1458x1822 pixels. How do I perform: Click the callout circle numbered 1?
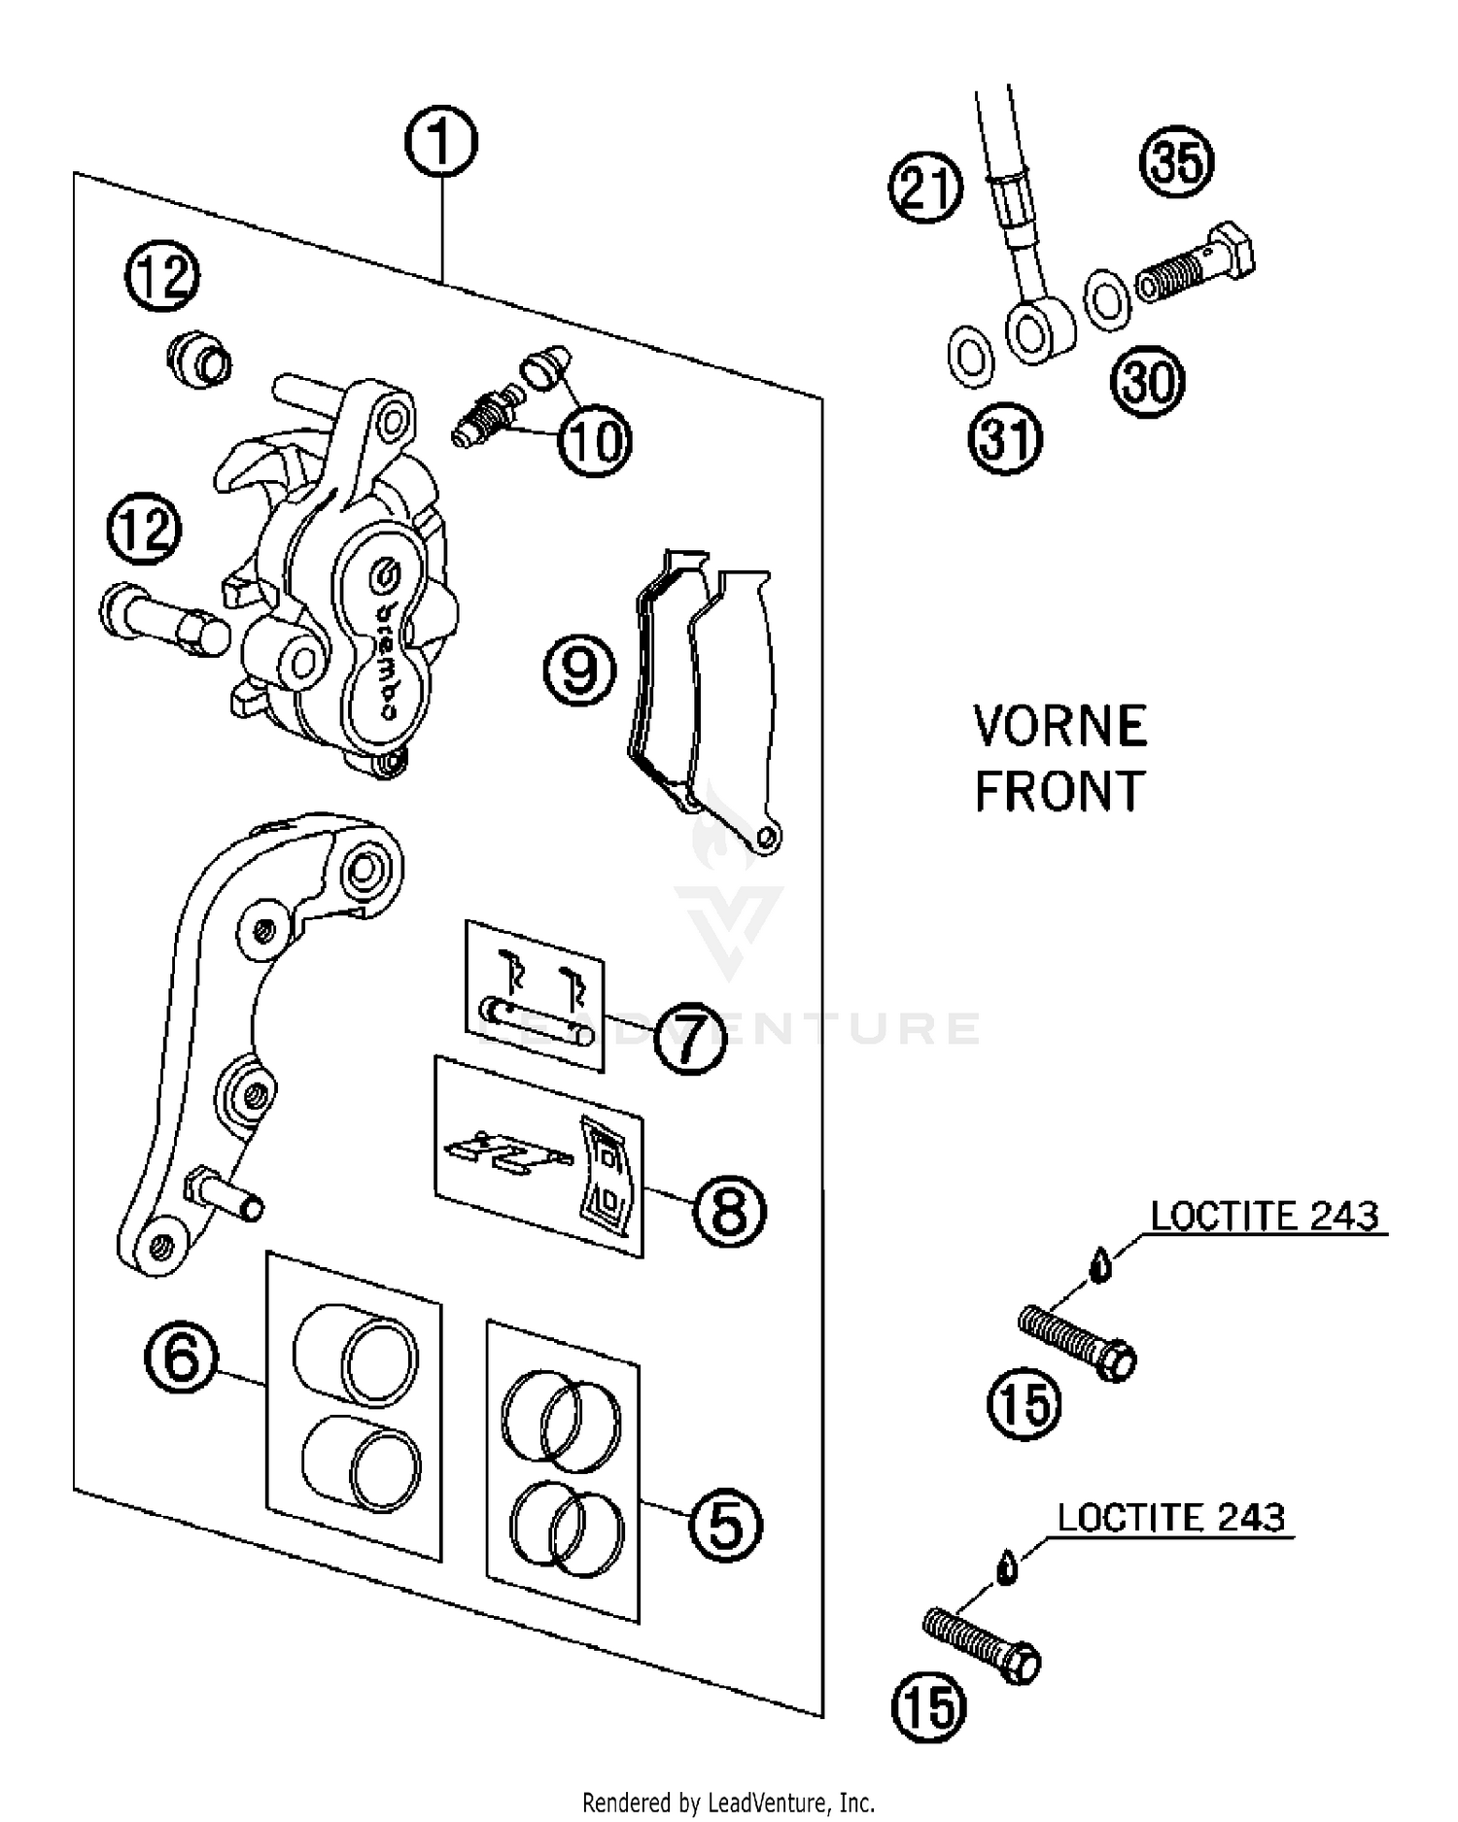pos(441,142)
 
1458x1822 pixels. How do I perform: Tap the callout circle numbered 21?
pos(925,187)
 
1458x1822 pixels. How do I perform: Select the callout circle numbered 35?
pos(1176,161)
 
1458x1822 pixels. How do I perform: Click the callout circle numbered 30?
pos(1148,381)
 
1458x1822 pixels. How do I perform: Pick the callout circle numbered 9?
pos(579,670)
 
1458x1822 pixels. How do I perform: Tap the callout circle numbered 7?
pos(689,1037)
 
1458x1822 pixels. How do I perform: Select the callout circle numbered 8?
pos(729,1210)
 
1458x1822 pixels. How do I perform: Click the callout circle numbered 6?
pos(182,1357)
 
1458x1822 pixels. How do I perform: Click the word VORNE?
pos(1059,727)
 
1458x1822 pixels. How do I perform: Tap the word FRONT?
pos(1059,791)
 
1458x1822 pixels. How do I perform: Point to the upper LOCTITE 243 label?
pos(1264,1216)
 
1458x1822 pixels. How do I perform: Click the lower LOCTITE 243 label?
pos(1170,1517)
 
